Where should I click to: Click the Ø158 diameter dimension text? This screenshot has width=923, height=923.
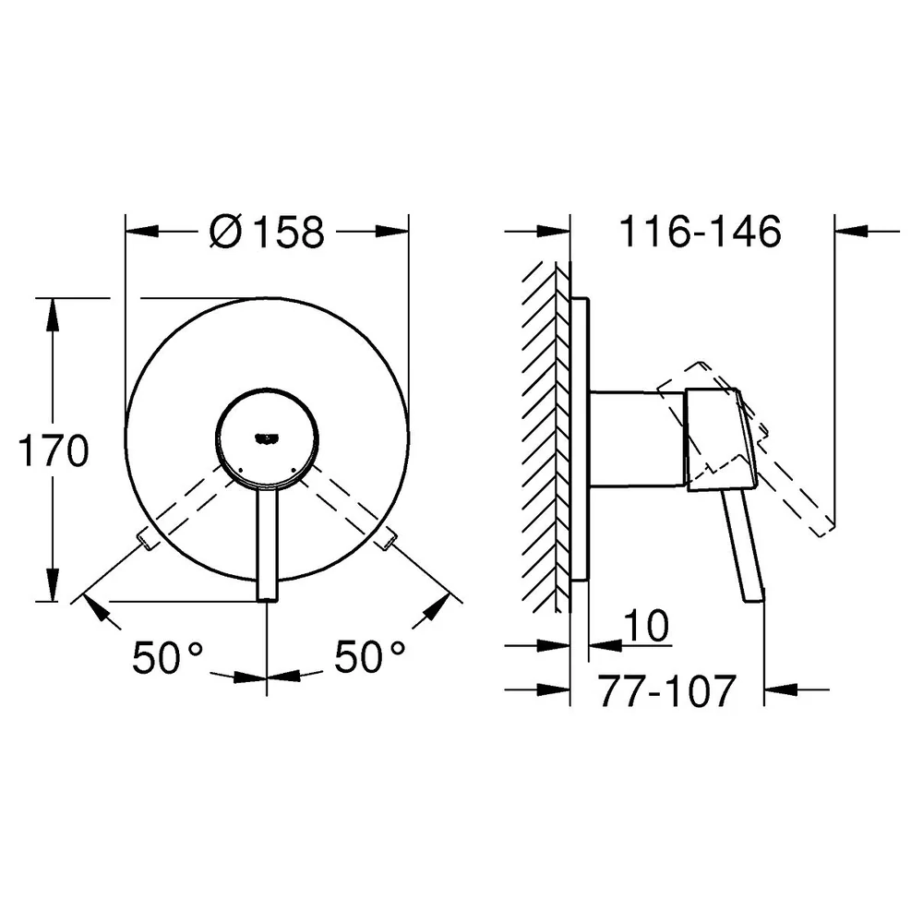pyautogui.click(x=267, y=232)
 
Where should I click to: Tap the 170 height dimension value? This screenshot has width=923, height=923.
pyautogui.click(x=54, y=450)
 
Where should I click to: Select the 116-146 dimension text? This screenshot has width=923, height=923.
pyautogui.click(x=700, y=232)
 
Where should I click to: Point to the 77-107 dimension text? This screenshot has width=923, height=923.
pyautogui.click(x=667, y=690)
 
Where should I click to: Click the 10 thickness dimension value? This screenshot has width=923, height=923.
pyautogui.click(x=646, y=625)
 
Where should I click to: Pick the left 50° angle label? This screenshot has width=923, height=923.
pyautogui.click(x=167, y=657)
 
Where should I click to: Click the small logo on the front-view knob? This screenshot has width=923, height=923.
pyautogui.click(x=267, y=438)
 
